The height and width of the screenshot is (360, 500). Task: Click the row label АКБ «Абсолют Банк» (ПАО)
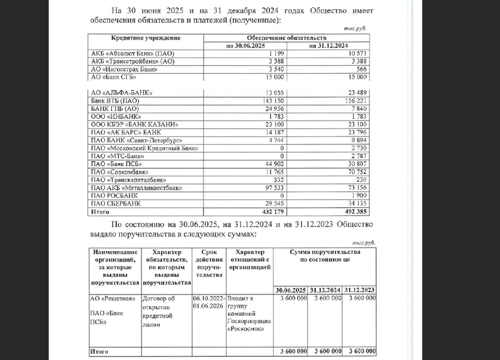132,53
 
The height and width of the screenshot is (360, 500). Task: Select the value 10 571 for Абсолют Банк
357,53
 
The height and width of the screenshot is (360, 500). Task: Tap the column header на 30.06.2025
245,46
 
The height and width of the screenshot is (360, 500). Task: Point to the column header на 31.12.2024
328,46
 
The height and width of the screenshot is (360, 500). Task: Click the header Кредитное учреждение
145,38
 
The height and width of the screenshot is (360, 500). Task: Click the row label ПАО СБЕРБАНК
116,204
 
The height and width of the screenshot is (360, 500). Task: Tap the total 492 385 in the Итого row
355,212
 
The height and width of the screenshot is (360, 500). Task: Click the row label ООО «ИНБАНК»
116,117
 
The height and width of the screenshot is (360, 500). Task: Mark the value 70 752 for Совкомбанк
357,172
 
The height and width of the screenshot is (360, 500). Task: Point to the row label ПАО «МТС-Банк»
117,156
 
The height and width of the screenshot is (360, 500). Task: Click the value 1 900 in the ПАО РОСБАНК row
359,196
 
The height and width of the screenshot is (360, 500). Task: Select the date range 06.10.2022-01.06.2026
209,302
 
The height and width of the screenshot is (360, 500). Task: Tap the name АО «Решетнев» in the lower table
113,298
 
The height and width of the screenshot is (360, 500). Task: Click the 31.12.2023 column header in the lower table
359,290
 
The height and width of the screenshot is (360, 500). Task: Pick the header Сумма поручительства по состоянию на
325,256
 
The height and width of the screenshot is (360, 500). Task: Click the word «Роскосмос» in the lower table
246,329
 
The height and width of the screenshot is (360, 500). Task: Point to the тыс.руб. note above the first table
355,29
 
